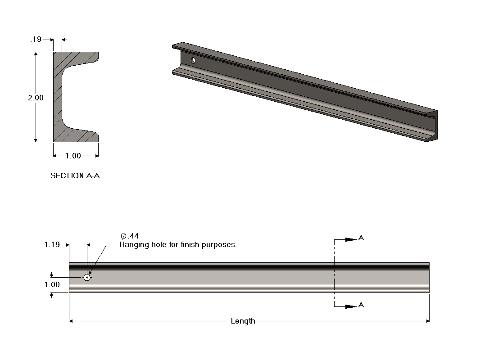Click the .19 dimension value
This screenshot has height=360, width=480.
click(36, 40)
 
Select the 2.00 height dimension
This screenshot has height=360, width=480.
click(36, 98)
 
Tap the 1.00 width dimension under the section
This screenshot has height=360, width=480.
click(73, 156)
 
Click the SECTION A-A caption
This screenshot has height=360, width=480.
click(75, 176)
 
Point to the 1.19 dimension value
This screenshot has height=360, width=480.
click(52, 245)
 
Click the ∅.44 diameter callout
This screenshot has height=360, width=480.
click(129, 236)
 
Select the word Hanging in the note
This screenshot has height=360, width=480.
click(133, 245)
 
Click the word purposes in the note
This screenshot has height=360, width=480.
click(220, 245)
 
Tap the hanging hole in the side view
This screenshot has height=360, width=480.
click(87, 277)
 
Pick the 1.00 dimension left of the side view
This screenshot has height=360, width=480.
click(52, 284)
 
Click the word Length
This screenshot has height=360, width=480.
click(243, 321)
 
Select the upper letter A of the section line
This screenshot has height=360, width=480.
click(361, 238)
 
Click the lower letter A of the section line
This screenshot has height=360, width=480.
click(361, 306)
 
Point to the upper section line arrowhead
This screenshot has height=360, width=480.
click(351, 239)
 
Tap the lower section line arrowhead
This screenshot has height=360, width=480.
click(351, 306)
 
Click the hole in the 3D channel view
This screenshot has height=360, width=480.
click(194, 60)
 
